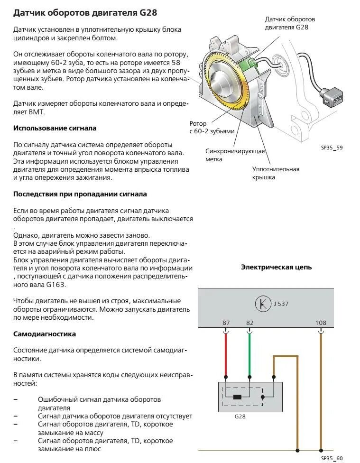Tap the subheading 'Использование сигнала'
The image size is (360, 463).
(x=55, y=128)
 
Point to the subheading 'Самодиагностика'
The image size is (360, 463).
(x=45, y=334)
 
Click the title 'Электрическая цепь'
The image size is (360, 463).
(x=277, y=267)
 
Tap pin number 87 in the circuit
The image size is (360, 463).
(x=226, y=323)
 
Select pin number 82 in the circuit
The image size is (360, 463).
(x=249, y=323)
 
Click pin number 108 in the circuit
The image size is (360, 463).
(x=321, y=323)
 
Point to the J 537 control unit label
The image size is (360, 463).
(x=281, y=304)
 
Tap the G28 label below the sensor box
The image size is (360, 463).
(x=240, y=417)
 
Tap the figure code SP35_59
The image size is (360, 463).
(x=332, y=148)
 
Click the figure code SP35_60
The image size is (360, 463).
(x=332, y=458)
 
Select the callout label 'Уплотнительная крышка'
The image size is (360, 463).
(x=276, y=173)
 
